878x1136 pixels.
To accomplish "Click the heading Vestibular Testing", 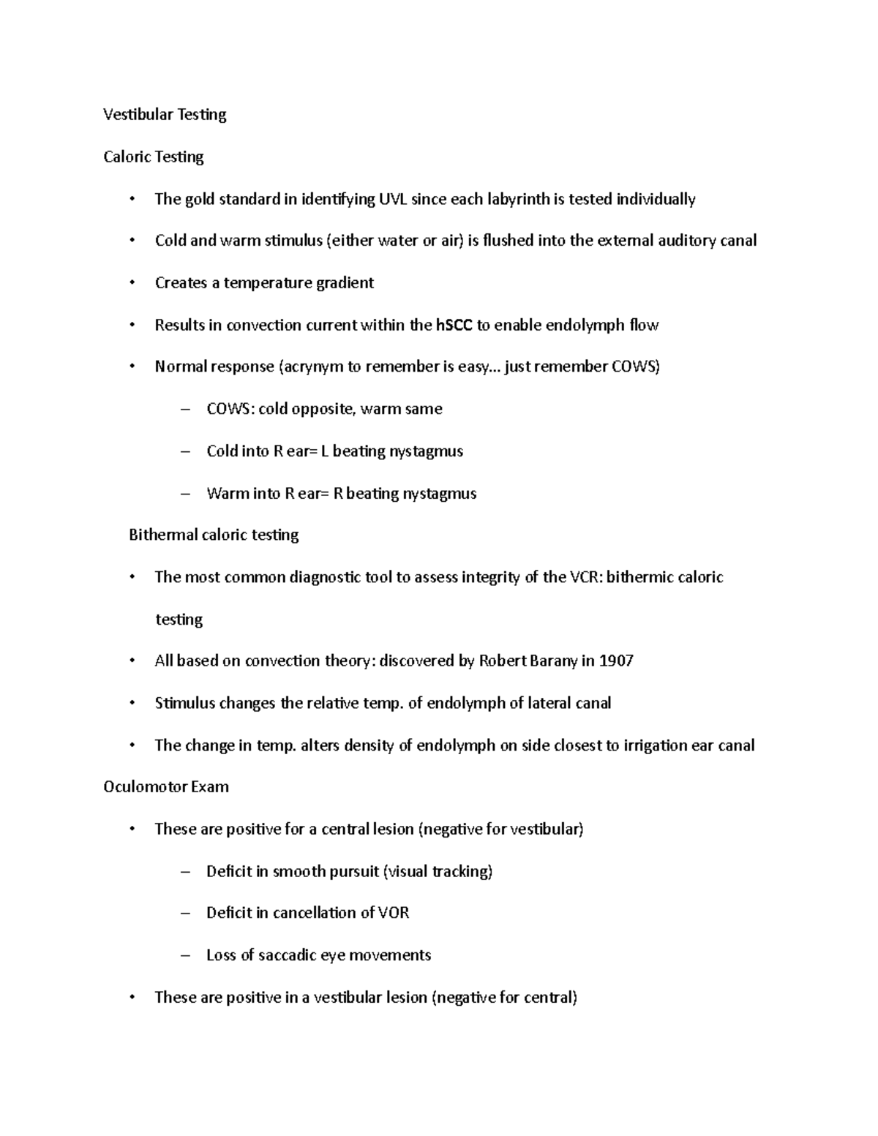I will (x=165, y=114).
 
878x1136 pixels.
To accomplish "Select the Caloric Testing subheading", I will (x=154, y=157).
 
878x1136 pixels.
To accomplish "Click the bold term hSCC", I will (x=454, y=326).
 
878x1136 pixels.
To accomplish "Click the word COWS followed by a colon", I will (x=230, y=409).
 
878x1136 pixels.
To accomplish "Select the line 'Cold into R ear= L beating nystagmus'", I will (x=334, y=451).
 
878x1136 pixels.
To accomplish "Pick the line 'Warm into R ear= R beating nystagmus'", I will (x=341, y=494).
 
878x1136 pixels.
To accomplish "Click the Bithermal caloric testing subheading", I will (x=214, y=535).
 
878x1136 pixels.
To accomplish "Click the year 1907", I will (x=615, y=661).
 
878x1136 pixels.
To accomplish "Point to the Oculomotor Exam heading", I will (x=166, y=787).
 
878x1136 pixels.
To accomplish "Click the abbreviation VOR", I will (x=393, y=913).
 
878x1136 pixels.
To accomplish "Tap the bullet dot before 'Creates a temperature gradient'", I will (x=132, y=284).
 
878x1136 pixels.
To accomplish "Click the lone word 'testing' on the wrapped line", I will (x=179, y=620).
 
